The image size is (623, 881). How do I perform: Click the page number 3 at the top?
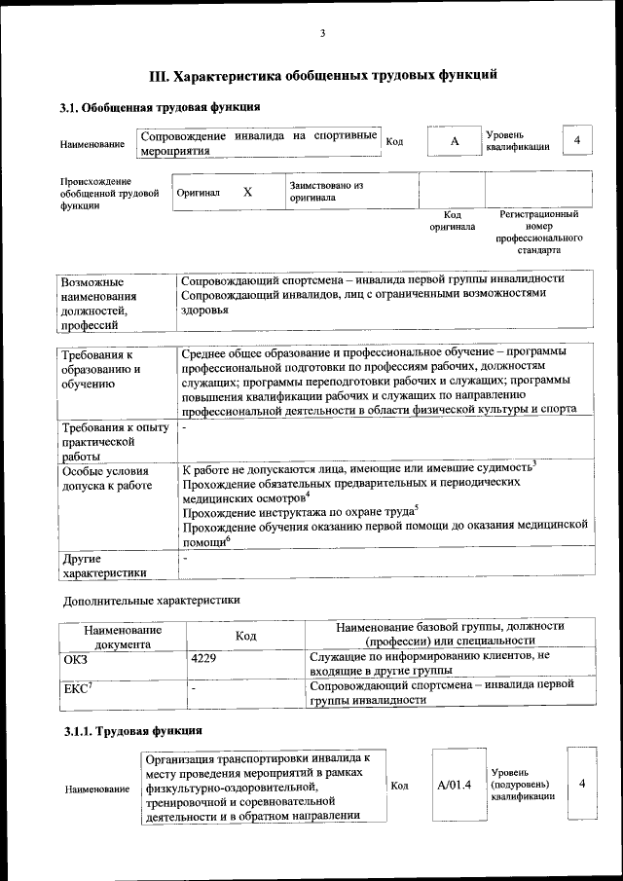click(321, 35)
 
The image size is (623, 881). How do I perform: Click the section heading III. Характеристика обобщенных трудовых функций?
click(322, 74)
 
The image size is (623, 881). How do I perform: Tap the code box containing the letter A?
click(454, 142)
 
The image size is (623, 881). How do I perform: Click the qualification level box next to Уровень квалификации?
click(577, 141)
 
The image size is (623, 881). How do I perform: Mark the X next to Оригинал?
click(247, 192)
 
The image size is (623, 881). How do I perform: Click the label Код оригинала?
click(453, 220)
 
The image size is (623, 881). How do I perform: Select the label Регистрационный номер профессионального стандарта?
click(538, 232)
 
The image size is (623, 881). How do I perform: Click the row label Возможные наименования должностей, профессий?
click(98, 303)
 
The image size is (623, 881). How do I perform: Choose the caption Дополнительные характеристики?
click(151, 601)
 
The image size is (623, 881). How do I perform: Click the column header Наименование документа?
click(123, 637)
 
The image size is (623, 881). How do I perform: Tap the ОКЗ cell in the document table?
click(75, 659)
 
